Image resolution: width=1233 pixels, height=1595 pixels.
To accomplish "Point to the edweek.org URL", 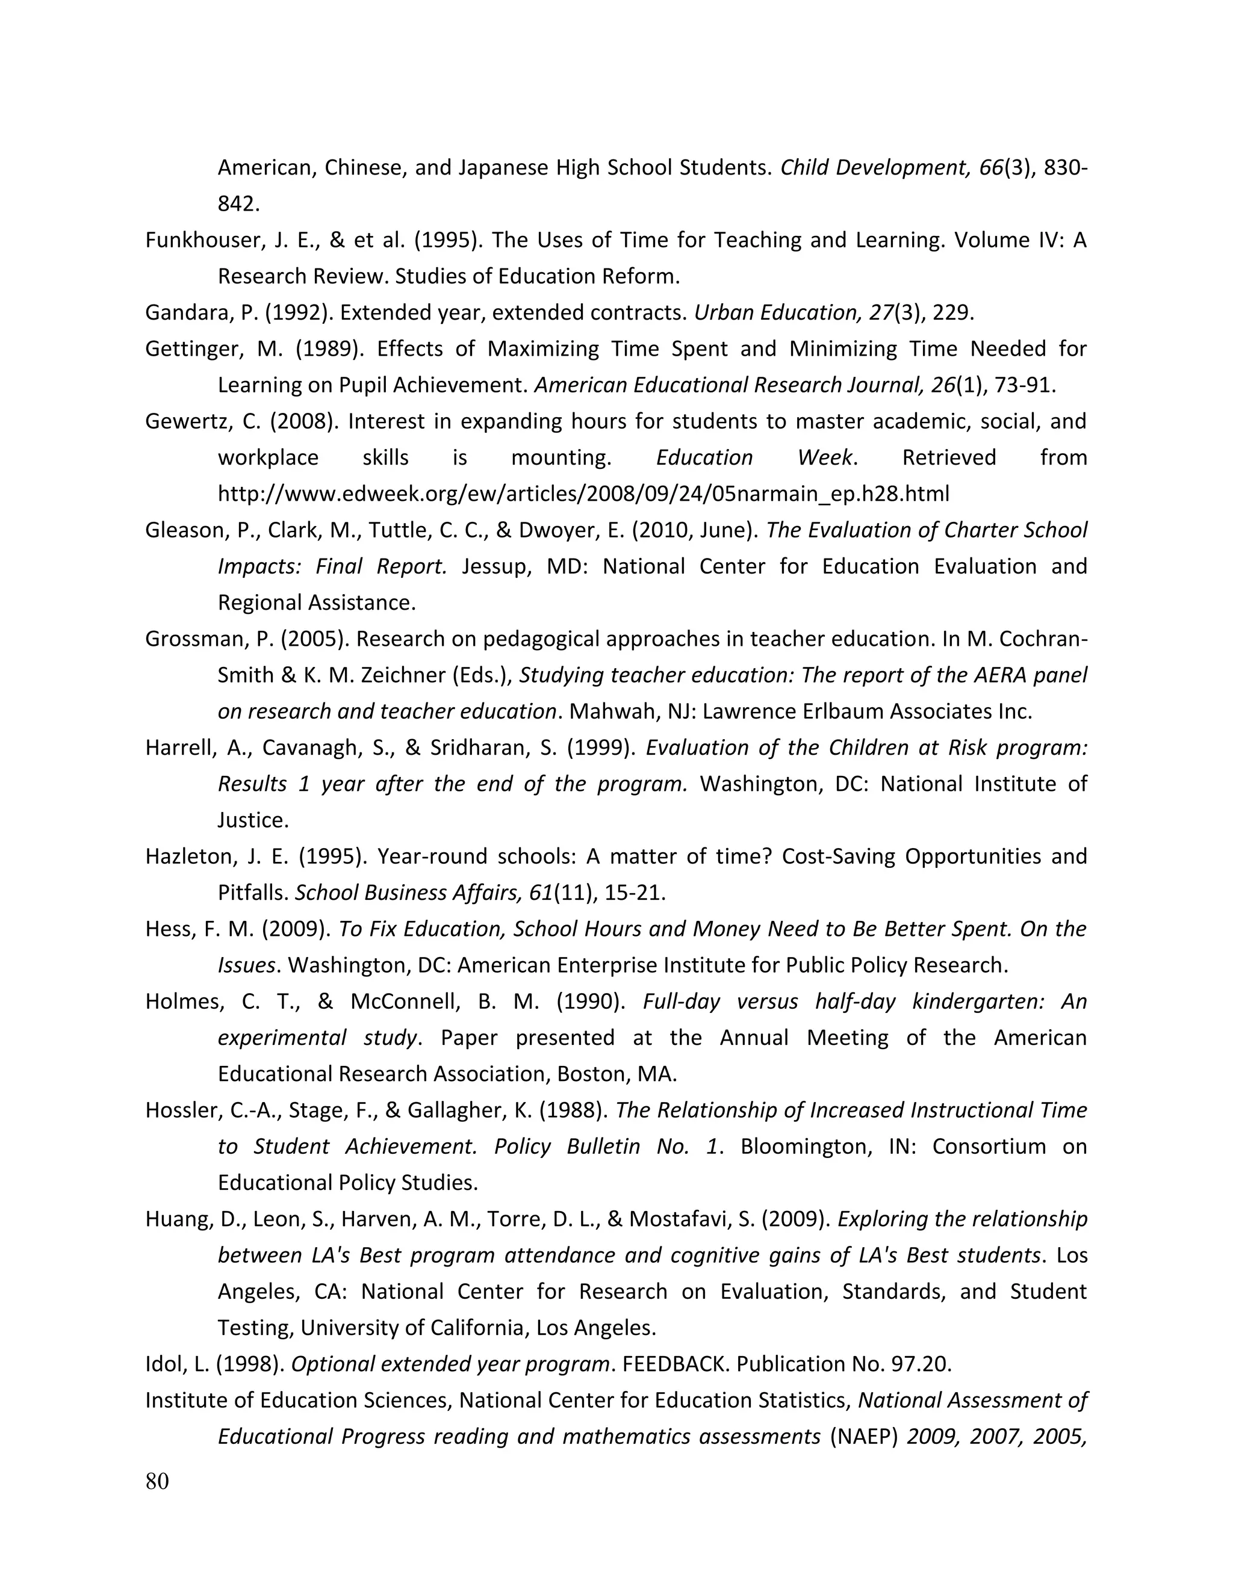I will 583,494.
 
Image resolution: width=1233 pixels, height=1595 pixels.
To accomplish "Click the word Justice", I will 252,820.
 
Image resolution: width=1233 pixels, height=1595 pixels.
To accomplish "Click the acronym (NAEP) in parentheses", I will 863,1437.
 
